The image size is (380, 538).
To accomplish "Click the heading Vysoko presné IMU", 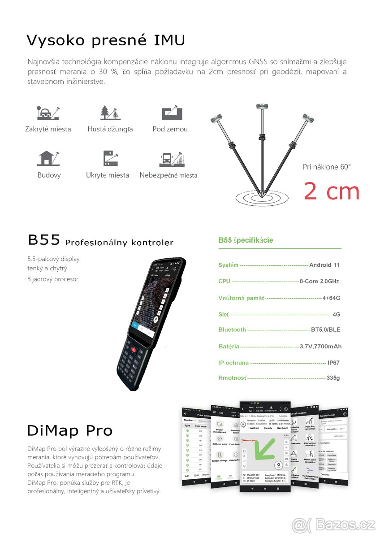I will [106, 40].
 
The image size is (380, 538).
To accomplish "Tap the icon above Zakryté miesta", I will [48, 113].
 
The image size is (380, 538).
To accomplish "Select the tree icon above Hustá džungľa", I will [110, 113].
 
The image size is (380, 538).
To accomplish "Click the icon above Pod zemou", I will [172, 113].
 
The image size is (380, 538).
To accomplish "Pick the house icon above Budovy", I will [48, 158].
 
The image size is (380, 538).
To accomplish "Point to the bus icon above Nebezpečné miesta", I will [167, 160].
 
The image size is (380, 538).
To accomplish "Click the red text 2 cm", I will [332, 191].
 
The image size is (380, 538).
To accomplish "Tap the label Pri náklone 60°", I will [327, 167].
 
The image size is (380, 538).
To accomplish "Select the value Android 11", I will [324, 265].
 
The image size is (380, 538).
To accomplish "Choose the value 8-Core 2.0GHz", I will [319, 281].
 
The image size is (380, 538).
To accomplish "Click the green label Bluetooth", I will [232, 330].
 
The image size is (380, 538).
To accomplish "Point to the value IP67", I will [333, 362].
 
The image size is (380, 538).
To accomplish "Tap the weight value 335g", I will [333, 378].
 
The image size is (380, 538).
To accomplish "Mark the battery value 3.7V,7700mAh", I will [320, 346].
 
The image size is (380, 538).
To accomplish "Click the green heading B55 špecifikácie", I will [246, 240].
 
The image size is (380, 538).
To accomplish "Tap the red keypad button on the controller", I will [133, 348].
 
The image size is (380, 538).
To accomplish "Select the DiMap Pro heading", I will [70, 431].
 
